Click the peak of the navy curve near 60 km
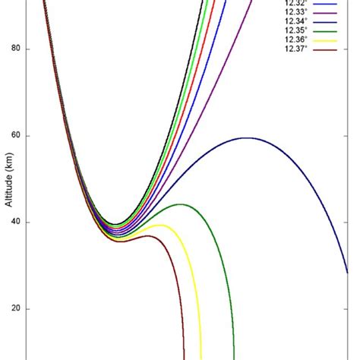coord(247,137)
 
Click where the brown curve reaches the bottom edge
coord(184,357)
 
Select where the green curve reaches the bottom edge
coord(234,357)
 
